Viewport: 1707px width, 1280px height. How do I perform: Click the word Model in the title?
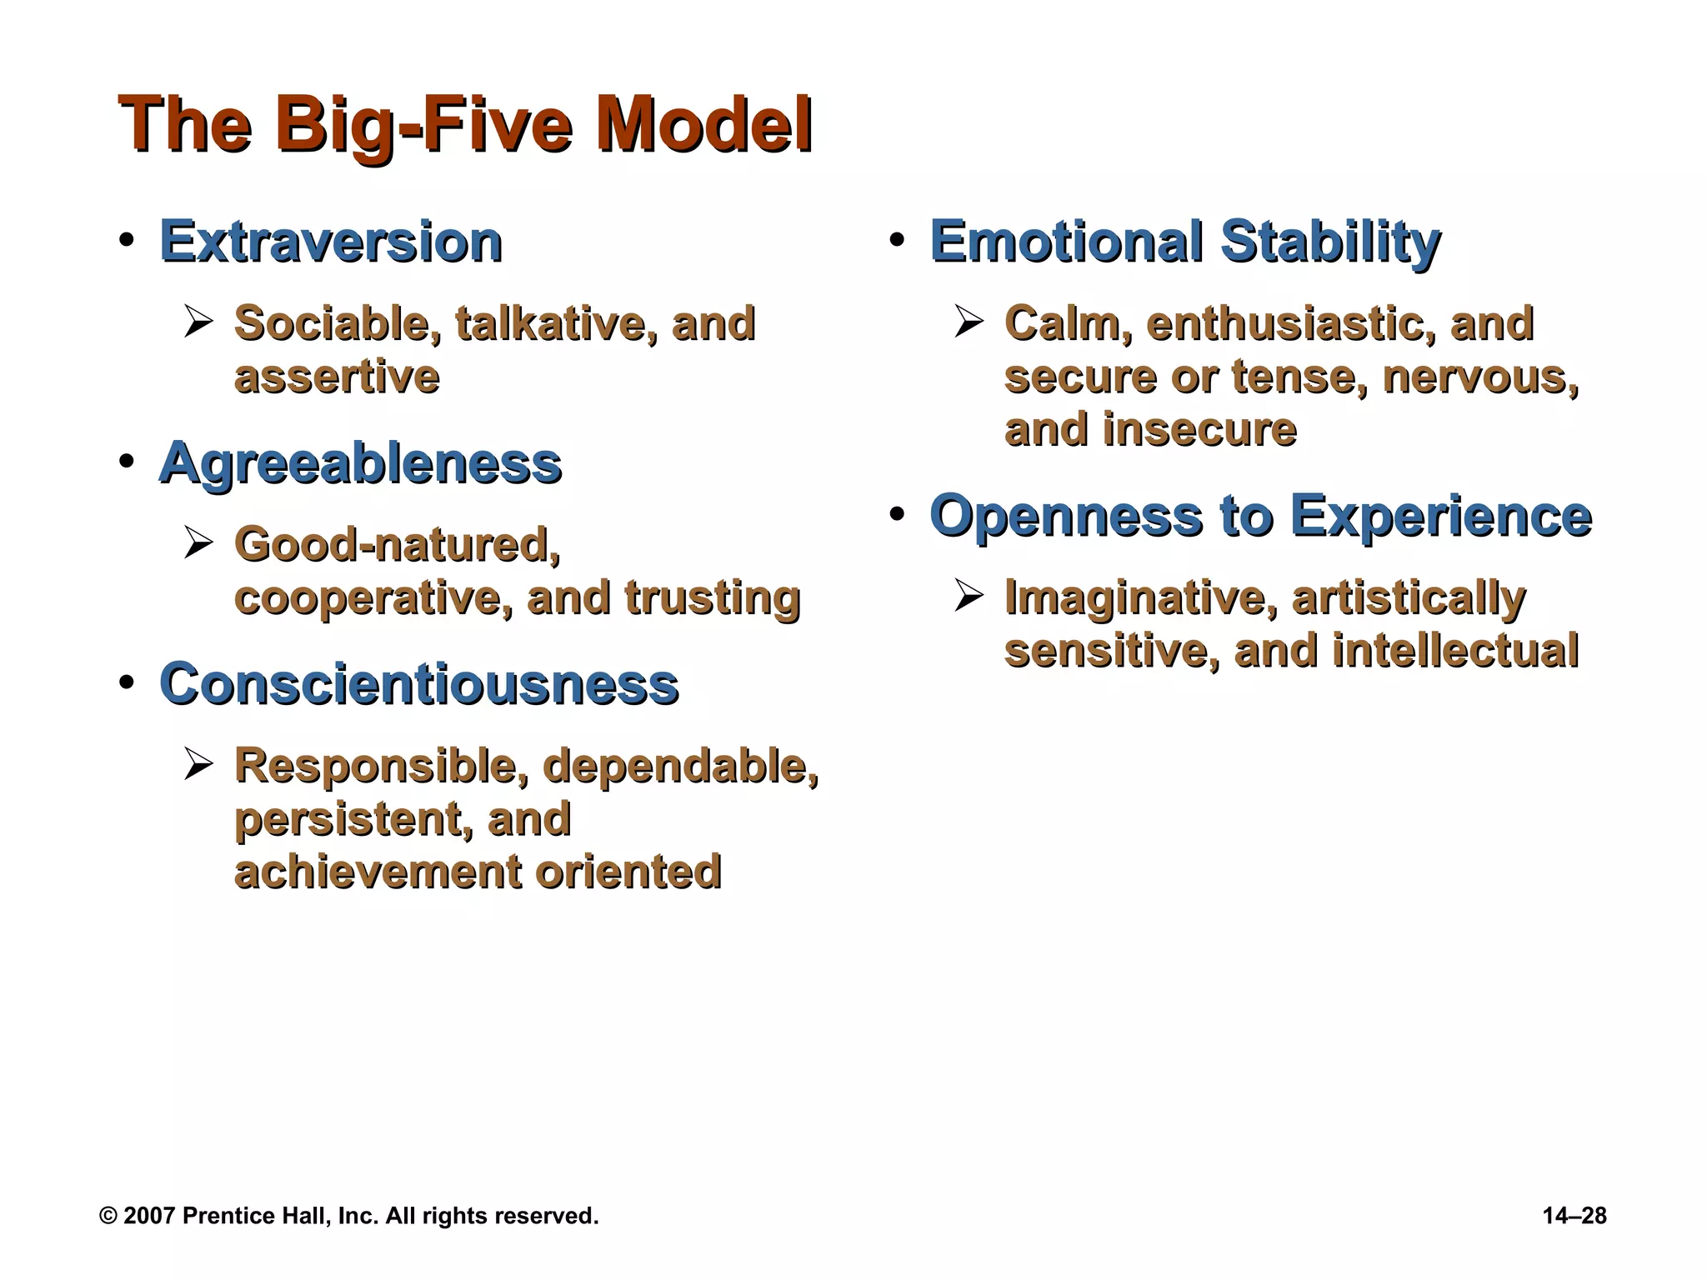(x=704, y=125)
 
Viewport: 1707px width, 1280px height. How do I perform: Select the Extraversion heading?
(x=330, y=242)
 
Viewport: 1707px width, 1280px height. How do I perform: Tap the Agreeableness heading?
(x=360, y=463)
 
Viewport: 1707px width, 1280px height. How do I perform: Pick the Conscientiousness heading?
(x=418, y=684)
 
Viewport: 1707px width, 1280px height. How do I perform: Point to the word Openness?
(x=1066, y=516)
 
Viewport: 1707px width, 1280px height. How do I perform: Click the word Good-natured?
(x=398, y=545)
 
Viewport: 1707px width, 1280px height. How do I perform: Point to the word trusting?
(x=712, y=597)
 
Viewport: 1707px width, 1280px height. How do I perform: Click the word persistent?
(x=346, y=818)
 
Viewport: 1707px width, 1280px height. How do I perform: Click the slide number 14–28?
(x=1574, y=1216)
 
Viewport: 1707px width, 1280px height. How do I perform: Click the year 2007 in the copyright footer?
(x=149, y=1216)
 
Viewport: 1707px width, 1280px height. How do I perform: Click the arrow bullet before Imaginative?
(x=969, y=595)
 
